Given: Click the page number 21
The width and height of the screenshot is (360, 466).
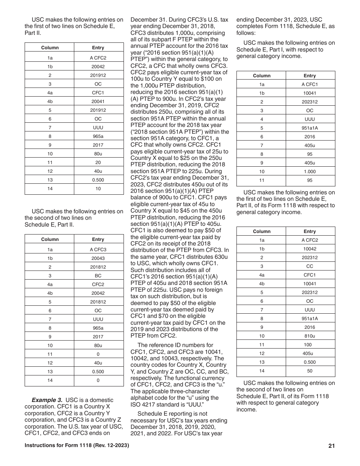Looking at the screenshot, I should tap(332, 446).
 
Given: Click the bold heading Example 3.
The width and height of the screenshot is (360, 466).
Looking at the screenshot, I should tap(47, 400).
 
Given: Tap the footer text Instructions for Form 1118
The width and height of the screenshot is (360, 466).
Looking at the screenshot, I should tap(77, 446).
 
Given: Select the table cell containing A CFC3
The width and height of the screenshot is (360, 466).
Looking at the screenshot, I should tap(98, 249).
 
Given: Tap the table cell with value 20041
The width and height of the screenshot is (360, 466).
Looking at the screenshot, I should tap(98, 102).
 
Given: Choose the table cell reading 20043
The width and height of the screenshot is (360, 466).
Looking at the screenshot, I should tap(98, 258).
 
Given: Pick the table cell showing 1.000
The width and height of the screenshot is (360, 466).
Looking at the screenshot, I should tap(310, 171).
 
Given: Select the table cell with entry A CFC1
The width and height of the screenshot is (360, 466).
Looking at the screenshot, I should tap(310, 84).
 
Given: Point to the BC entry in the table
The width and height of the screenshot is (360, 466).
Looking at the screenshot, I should tap(98, 276).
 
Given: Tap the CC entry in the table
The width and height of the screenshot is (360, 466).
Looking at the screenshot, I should tap(310, 266).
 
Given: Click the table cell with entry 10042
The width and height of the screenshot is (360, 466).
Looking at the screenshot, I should tap(310, 249).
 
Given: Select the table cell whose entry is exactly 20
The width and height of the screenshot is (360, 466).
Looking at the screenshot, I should tap(98, 163).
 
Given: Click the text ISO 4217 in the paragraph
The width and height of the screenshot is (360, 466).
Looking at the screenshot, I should tap(144, 404).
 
